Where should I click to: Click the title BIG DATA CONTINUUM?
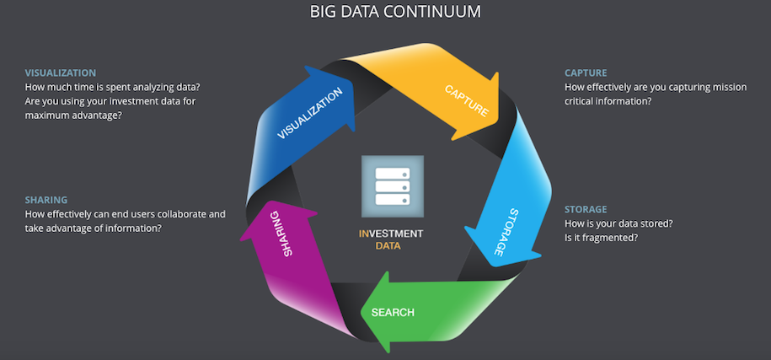(x=386, y=12)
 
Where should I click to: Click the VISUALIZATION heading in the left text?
(x=61, y=73)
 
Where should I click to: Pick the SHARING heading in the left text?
(x=46, y=200)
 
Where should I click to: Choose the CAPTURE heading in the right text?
(x=586, y=73)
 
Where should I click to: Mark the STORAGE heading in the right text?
(x=586, y=209)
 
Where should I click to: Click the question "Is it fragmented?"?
(x=601, y=238)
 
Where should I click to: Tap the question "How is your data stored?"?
(x=618, y=223)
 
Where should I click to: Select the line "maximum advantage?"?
(x=73, y=115)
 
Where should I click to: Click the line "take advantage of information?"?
(x=94, y=228)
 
